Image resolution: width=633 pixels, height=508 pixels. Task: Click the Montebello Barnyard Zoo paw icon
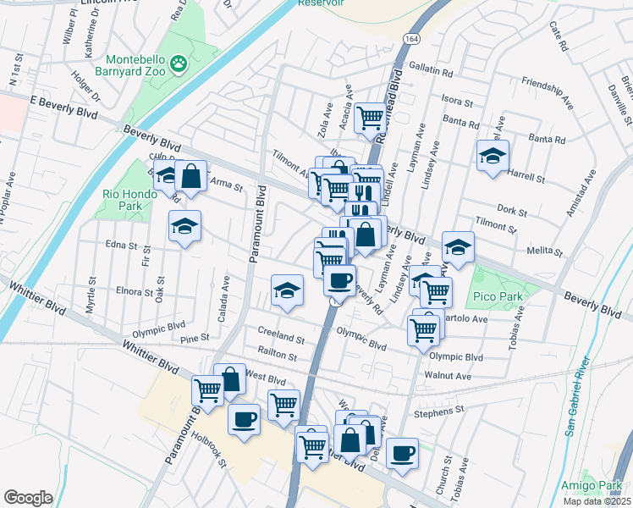[x=179, y=62]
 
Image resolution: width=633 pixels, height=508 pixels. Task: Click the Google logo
[x=28, y=498]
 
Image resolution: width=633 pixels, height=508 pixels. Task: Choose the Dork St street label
[x=512, y=209]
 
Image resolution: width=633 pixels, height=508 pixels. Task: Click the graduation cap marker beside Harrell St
[x=492, y=156]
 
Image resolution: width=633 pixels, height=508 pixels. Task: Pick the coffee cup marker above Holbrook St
[x=245, y=419]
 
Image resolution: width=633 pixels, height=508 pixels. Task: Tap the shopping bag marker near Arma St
[x=192, y=176]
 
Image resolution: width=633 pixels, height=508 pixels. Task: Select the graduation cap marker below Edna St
[x=287, y=290]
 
